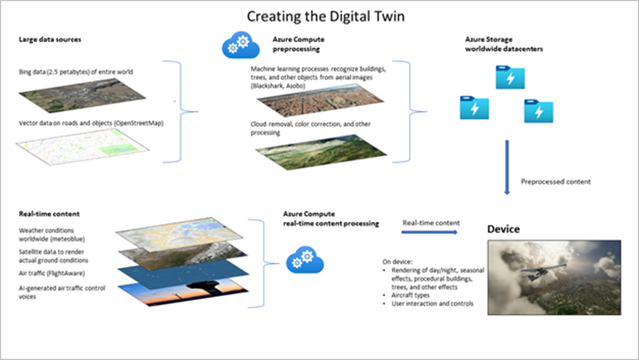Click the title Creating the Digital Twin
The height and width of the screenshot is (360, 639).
tap(320, 15)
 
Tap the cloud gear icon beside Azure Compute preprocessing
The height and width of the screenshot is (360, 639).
tap(236, 46)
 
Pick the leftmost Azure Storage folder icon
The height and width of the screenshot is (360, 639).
tap(474, 107)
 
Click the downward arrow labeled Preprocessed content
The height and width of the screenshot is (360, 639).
tap(507, 166)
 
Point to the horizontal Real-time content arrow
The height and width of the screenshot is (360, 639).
tap(430, 232)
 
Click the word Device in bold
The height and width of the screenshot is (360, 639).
tap(503, 229)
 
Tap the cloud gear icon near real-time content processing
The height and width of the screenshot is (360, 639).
tap(305, 260)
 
